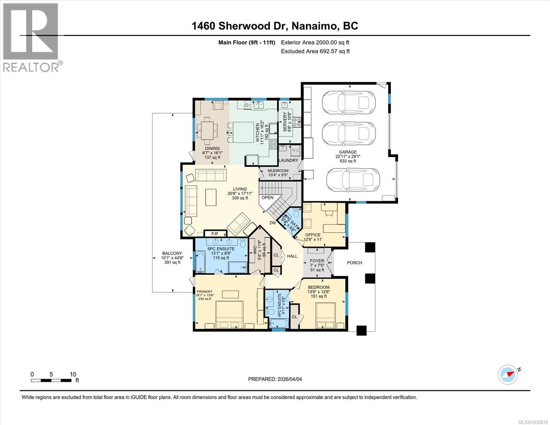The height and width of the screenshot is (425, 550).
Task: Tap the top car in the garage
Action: coord(347,102)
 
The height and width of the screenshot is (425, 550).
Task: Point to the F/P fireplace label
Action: coord(215,234)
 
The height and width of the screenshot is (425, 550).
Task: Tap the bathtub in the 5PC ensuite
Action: coord(200,262)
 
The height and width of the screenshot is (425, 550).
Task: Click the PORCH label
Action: coord(355,263)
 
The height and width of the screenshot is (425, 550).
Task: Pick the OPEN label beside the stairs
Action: coord(267,198)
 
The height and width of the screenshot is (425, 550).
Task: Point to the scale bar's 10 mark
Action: coord(73,374)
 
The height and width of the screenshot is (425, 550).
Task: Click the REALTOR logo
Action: coord(31,37)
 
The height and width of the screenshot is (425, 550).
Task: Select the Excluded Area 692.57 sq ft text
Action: coord(315,51)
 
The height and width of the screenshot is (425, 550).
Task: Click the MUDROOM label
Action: coord(278,170)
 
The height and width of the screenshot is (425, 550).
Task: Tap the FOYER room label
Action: coord(317,261)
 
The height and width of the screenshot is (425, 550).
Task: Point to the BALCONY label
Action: coord(172,253)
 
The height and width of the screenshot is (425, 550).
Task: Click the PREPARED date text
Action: coord(275,379)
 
